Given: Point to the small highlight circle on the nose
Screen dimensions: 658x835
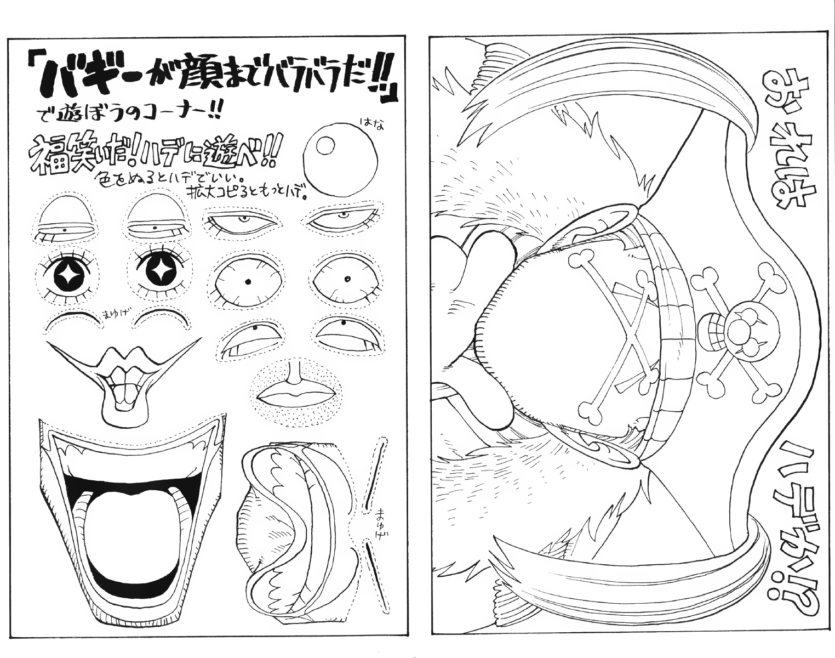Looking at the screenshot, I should [x=327, y=146].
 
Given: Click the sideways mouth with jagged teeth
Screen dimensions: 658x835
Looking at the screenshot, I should [x=290, y=529].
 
